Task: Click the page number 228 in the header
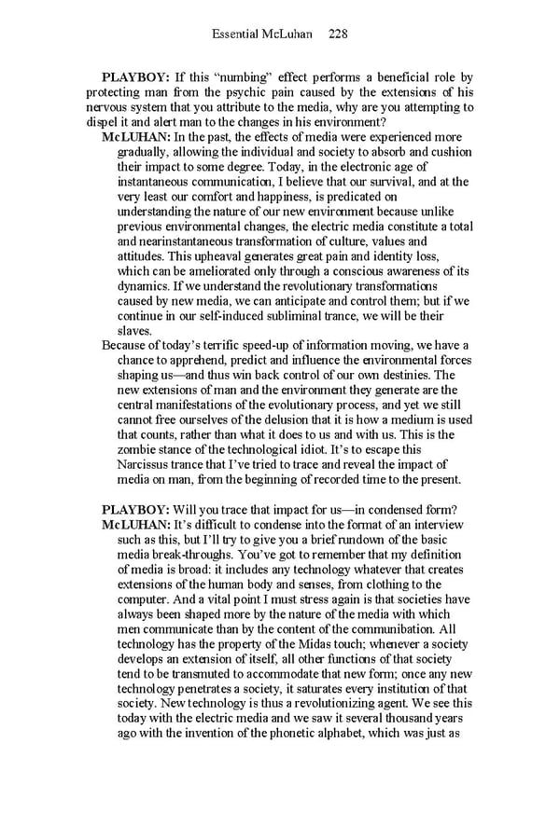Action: pyautogui.click(x=338, y=34)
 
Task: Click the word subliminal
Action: pyautogui.click(x=336, y=316)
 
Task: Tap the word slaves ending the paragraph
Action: pyautogui.click(x=136, y=331)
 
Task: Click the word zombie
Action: pyautogui.click(x=140, y=450)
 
